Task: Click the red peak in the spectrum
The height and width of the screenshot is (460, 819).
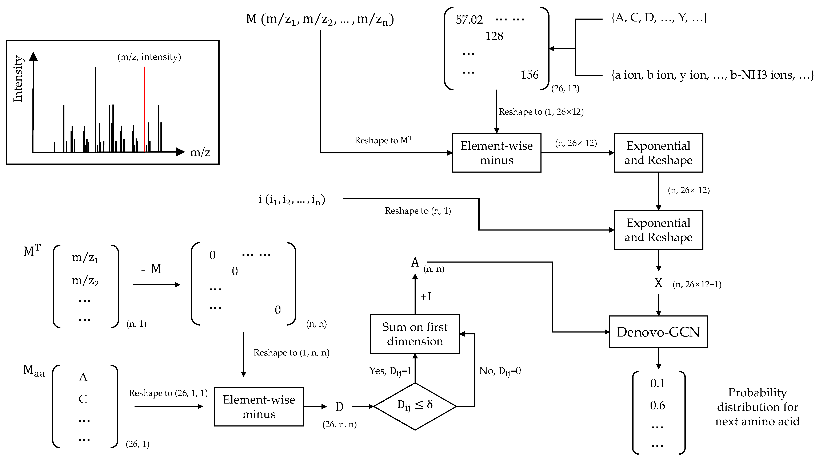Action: [145, 108]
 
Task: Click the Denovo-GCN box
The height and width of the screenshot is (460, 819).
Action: [658, 332]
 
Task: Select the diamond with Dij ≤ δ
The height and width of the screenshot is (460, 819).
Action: [415, 406]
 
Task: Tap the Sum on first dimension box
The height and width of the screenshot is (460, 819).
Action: [415, 334]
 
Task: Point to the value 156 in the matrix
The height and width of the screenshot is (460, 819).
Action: [529, 75]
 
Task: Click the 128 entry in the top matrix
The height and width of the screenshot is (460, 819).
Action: [494, 36]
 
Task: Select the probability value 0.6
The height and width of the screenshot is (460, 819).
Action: [657, 405]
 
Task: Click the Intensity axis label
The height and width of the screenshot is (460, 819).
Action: [18, 79]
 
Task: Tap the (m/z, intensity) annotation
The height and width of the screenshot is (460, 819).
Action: [149, 57]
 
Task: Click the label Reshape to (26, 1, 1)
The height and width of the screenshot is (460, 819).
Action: [168, 393]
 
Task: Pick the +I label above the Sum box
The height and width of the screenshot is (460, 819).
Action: [426, 296]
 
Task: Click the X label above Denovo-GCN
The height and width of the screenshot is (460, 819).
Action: [658, 283]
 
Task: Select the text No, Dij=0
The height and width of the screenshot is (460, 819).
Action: [500, 371]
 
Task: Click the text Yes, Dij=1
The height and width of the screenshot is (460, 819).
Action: [390, 371]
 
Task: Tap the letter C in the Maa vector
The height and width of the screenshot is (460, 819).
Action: [83, 399]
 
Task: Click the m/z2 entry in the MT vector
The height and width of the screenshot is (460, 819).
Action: [85, 281]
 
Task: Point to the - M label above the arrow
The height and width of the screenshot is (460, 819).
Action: [152, 269]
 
